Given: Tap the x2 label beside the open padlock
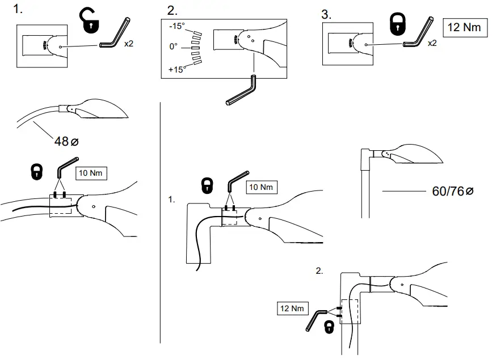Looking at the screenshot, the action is (129, 44).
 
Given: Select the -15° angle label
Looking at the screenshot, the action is (177, 26).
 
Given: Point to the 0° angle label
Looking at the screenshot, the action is (173, 46).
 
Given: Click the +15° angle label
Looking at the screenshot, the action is (176, 69).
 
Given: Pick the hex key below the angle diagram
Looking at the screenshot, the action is (241, 90).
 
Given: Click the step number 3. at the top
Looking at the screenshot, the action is (326, 15).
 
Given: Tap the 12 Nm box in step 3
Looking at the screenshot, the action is (465, 28).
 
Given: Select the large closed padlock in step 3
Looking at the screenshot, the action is (398, 24).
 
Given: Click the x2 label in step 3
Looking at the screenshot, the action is (432, 43).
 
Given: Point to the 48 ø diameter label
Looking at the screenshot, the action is (66, 141).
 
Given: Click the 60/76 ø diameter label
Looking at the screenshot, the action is (452, 191).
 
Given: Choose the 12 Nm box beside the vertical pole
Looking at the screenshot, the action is (292, 308).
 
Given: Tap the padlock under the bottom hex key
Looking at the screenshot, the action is (329, 327).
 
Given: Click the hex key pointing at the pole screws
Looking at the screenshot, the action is (316, 320).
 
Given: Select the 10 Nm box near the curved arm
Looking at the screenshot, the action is (91, 173).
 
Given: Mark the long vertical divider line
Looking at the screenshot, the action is (161, 223).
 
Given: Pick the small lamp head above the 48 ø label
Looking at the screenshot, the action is (94, 108).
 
